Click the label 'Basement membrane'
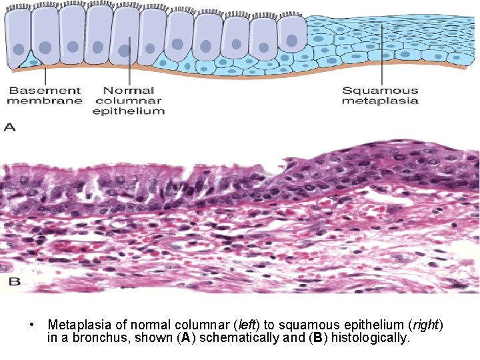[45, 95]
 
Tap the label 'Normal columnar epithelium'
[129, 100]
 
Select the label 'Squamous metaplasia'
[380, 95]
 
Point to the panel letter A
[9, 126]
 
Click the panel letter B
[14, 282]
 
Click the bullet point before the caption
[31, 325]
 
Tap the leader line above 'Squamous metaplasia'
[381, 53]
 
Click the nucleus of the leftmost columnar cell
[19, 49]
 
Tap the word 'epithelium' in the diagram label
[129, 111]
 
